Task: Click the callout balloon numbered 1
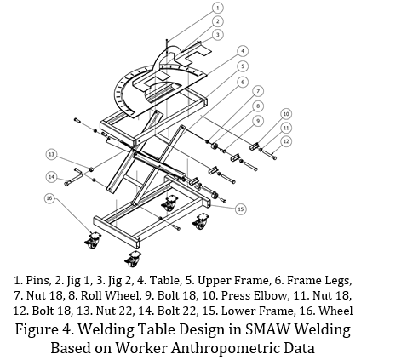tap(218, 8)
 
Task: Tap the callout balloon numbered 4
tap(243, 51)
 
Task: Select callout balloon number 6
tap(243, 83)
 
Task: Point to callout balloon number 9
tap(258, 121)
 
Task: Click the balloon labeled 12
tap(286, 141)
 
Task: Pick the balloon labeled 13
tap(51, 155)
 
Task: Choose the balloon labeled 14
tap(51, 177)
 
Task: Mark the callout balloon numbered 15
tap(241, 209)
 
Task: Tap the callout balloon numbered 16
tap(49, 198)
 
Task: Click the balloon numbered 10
tap(286, 114)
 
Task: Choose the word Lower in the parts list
tap(238, 311)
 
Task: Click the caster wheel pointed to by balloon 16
tap(92, 241)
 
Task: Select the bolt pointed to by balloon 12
tap(269, 155)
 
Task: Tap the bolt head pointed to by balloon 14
tap(66, 184)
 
